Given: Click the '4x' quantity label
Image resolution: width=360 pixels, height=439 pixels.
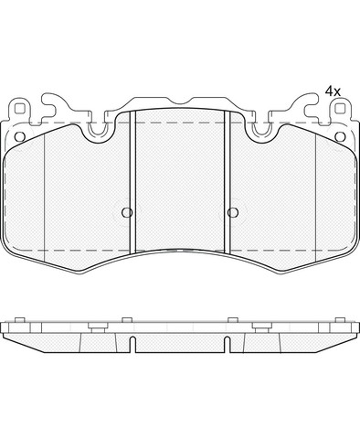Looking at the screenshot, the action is [333, 91].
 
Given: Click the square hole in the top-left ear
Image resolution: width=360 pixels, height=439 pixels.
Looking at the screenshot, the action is [20, 110].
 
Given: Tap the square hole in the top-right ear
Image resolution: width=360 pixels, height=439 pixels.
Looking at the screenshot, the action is [340, 110].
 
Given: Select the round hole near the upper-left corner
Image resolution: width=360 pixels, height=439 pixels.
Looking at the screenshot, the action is [20, 137].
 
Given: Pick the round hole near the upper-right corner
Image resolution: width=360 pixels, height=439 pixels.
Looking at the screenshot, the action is [340, 137].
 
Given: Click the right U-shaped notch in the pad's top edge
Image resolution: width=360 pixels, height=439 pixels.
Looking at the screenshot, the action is [262, 130].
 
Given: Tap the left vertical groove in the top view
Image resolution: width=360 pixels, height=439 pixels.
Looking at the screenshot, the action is [132, 182].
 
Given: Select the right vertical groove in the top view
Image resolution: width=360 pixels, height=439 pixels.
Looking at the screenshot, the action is [228, 182].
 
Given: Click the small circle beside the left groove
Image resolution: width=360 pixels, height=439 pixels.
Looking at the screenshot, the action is [127, 212].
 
